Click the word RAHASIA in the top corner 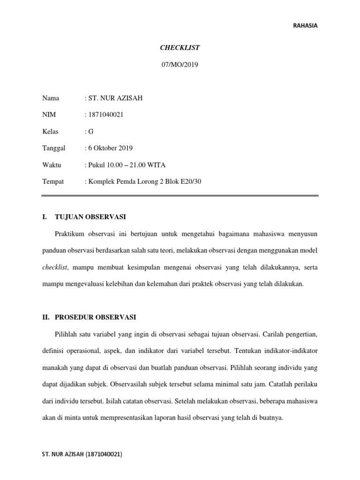coord(305,26)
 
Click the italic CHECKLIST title coord(180,47)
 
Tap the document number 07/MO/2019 coord(180,65)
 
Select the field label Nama coord(51,98)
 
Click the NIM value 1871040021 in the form coord(105,115)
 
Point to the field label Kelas coord(50,132)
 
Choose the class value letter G coord(91,132)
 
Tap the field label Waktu coord(52,165)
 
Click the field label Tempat coord(53,181)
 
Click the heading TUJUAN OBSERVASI coord(90,217)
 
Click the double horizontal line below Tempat coord(180,196)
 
